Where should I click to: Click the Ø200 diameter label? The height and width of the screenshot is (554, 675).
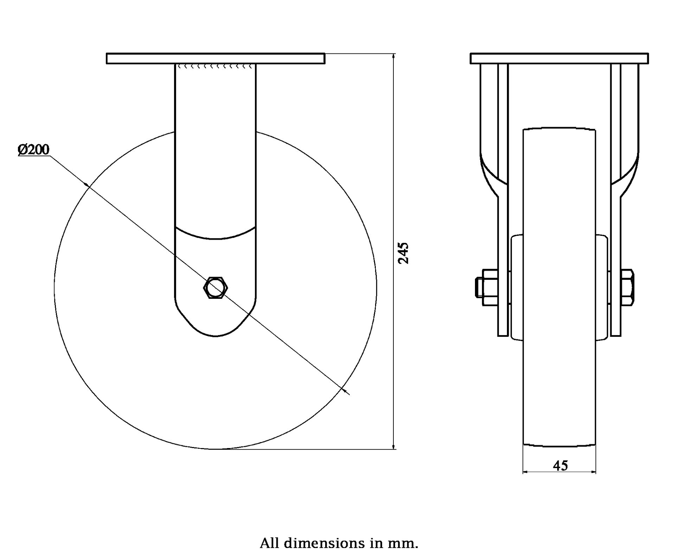tap(34, 150)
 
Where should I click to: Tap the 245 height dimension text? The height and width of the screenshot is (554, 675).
tap(404, 253)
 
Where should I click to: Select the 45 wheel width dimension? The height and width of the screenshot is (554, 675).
tap(560, 466)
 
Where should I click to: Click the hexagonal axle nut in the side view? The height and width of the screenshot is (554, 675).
tap(216, 288)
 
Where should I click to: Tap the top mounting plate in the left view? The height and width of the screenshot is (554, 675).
tap(215, 58)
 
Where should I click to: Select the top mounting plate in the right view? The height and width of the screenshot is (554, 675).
tap(559, 58)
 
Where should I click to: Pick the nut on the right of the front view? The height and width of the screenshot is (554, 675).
tap(628, 287)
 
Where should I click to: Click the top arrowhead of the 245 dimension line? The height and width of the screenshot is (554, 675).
tap(394, 56)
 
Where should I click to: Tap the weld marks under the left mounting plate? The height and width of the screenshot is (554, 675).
tap(215, 66)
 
